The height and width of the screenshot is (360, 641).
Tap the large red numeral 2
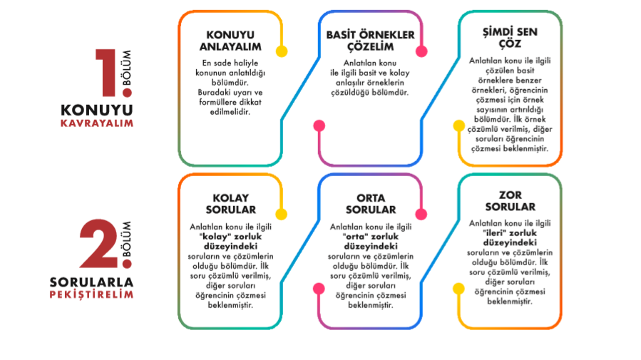point(99,244)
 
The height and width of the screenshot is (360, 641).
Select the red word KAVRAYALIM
point(97,123)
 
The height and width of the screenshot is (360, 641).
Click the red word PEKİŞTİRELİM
point(91,295)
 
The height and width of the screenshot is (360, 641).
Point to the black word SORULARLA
point(91,282)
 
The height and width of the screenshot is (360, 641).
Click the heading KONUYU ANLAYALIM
point(230,41)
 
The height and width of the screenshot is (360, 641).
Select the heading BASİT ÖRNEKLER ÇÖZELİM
point(370,41)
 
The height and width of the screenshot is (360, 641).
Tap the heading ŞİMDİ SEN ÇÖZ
point(510,38)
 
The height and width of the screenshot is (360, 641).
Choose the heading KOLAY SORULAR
point(230,204)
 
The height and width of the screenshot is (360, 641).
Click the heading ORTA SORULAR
point(371,204)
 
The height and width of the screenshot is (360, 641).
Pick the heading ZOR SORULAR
point(511,201)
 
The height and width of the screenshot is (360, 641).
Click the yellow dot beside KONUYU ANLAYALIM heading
point(282,51)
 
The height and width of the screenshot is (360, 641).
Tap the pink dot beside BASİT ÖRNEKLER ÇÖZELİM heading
point(421,51)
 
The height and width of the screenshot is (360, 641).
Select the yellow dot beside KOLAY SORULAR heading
point(281,214)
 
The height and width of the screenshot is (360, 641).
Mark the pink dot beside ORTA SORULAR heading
point(421,214)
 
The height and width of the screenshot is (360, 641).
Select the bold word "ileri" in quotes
point(495,233)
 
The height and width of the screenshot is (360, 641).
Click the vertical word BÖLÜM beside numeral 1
point(127,68)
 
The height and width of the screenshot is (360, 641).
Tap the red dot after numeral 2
point(127,264)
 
